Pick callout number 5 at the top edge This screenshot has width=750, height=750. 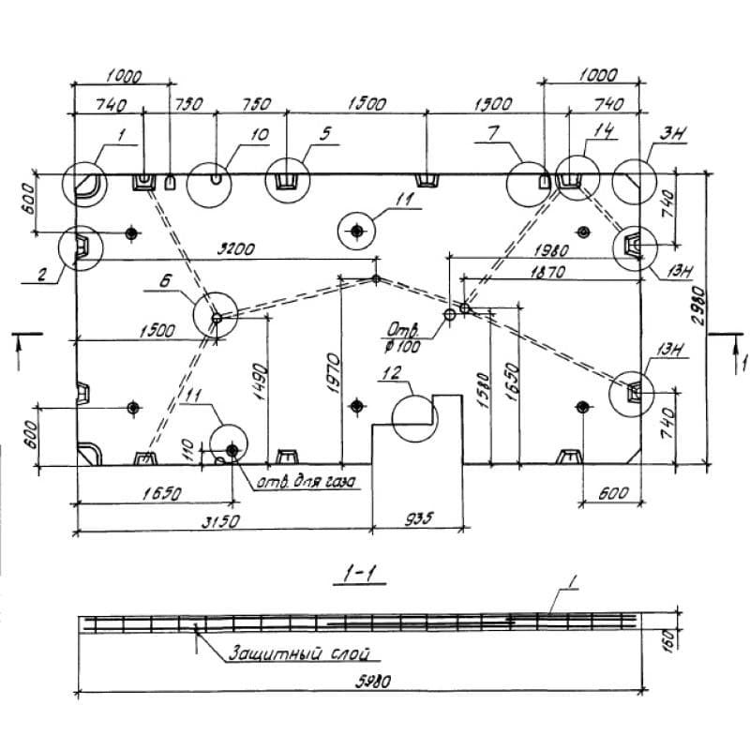coord(325,134)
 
